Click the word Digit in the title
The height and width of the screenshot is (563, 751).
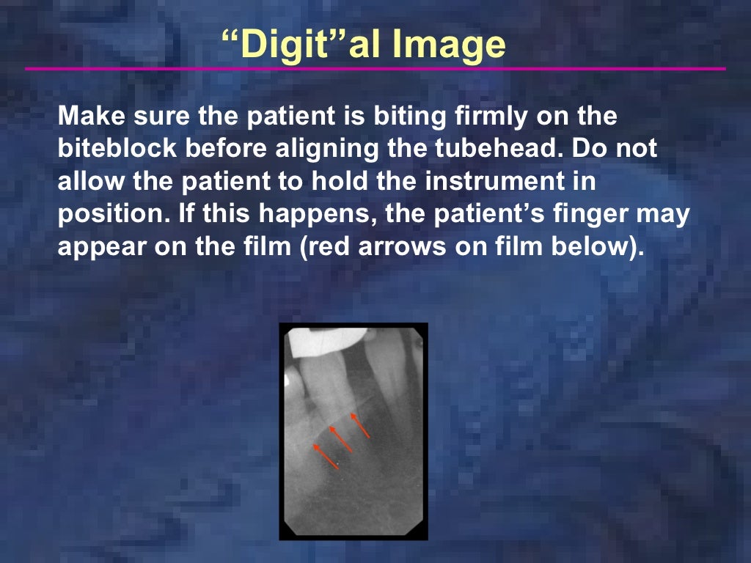click(x=283, y=45)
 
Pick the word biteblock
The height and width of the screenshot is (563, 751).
click(x=118, y=149)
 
